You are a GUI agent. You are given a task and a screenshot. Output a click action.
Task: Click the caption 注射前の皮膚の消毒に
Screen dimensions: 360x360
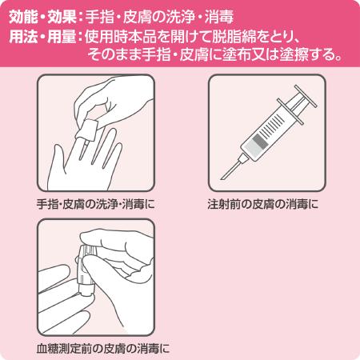coord(262,203)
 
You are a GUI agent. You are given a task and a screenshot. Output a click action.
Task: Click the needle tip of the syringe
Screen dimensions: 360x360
coord(227,177)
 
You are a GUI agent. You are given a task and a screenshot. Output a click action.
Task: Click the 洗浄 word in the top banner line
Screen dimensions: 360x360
coord(207,15)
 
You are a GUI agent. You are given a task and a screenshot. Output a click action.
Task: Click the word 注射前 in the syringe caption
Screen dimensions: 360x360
coord(222,203)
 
